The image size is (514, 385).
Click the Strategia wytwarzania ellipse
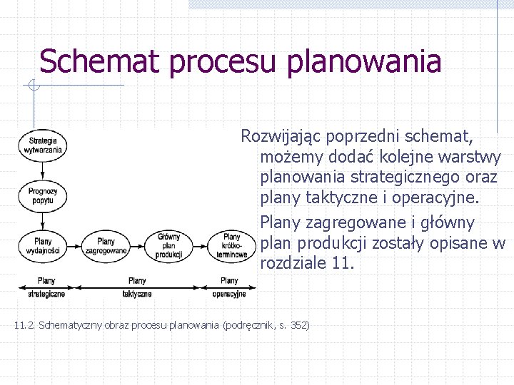coord(44,145)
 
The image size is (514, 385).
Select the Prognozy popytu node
coord(44,196)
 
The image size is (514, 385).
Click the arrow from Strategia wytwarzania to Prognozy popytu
coord(44,171)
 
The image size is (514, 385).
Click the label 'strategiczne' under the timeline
coord(46,294)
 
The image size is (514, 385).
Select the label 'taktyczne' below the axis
coord(137,294)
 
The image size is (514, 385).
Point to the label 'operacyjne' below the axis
coord(229,294)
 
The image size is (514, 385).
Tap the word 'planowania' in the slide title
coord(364,62)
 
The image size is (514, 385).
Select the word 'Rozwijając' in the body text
coord(284,135)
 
